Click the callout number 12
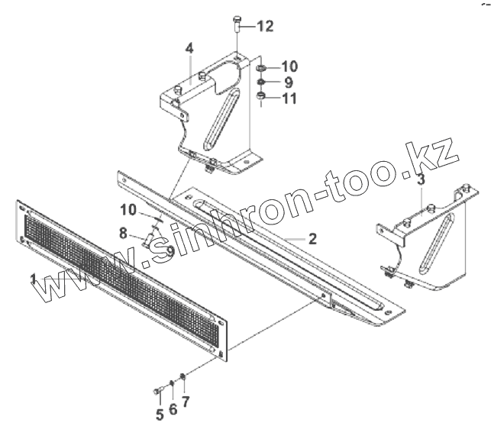[264, 27]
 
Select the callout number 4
[189, 50]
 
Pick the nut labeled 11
[261, 97]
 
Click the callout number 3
[421, 181]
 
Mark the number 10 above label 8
[128, 209]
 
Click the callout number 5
[160, 415]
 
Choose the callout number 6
[173, 410]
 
